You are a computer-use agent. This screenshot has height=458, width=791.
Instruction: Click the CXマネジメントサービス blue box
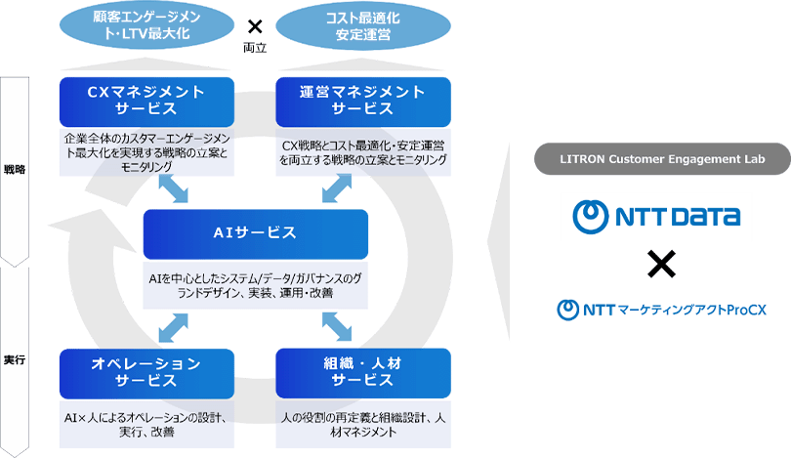146,101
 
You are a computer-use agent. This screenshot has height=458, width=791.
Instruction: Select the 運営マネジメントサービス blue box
362,101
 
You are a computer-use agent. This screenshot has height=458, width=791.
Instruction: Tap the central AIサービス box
255,233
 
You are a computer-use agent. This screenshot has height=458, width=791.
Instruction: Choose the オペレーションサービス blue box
146,371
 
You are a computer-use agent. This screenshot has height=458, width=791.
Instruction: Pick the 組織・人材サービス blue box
362,371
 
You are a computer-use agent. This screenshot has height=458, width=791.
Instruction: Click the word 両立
255,45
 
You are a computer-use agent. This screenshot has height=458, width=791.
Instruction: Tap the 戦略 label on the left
15,169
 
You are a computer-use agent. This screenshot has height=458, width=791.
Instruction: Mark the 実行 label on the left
15,359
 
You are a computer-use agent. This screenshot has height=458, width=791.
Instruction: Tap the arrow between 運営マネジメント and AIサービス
332,188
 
